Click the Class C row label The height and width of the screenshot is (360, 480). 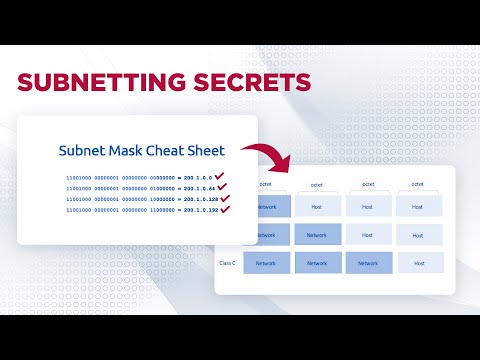228,263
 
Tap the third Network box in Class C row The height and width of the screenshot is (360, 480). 368,263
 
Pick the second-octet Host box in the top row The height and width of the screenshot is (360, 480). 317,207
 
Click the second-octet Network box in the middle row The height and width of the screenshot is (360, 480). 317,235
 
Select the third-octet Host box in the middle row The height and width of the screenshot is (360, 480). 368,235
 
